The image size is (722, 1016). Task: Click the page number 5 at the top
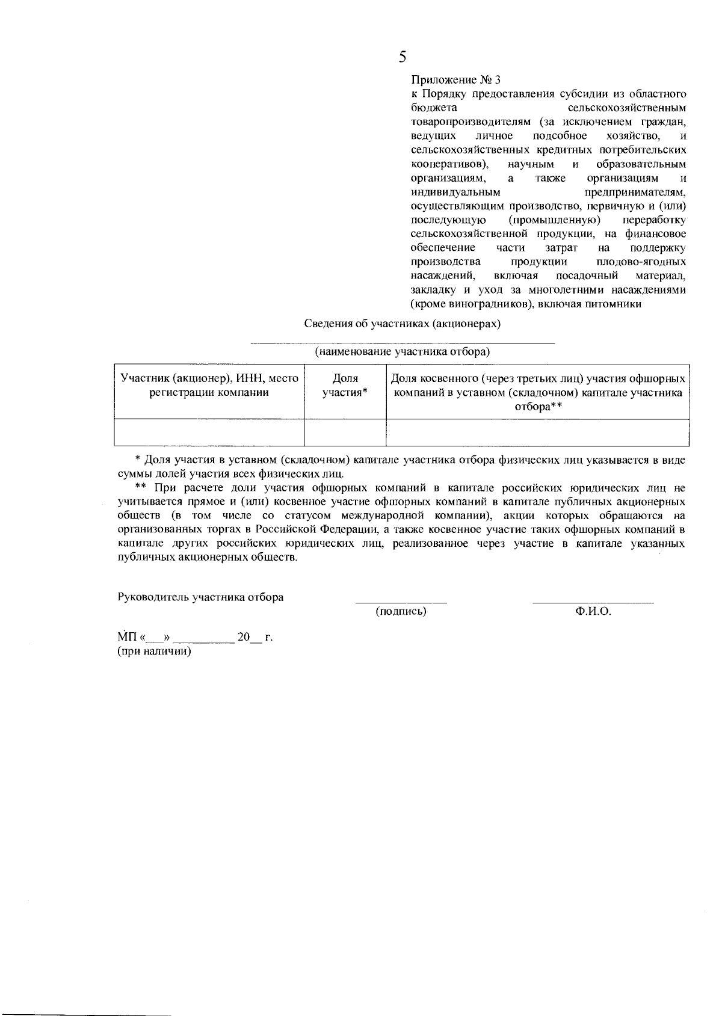(403, 57)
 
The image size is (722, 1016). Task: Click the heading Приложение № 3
(455, 79)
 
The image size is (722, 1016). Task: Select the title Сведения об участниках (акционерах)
(403, 323)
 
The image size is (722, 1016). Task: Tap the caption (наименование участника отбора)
(403, 351)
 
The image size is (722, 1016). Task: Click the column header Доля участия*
(345, 386)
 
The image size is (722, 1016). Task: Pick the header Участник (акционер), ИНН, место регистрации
(209, 386)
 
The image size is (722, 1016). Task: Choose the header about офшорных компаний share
(538, 392)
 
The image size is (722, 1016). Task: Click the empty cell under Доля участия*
(345, 433)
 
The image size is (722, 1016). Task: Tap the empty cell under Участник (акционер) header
(209, 433)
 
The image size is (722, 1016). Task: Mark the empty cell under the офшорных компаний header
(538, 433)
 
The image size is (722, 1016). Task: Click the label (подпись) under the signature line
(401, 612)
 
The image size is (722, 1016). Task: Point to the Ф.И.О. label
(593, 612)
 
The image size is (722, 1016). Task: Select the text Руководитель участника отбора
(200, 597)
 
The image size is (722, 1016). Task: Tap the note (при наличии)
(154, 651)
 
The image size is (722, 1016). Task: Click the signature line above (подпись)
(401, 602)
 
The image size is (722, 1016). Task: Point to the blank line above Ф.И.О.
(593, 602)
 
